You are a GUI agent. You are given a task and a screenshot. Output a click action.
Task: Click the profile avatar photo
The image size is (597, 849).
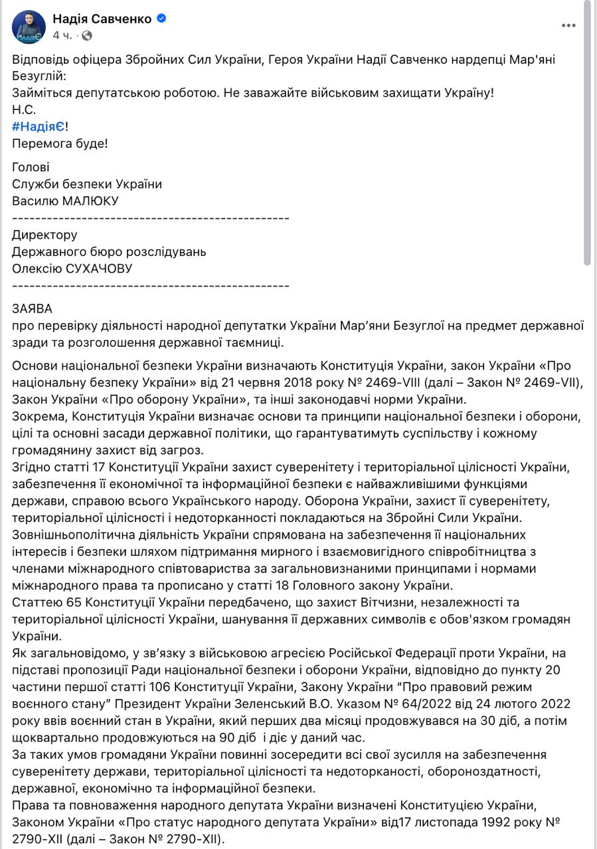[29, 27]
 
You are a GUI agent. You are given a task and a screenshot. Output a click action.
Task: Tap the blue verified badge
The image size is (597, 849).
[161, 19]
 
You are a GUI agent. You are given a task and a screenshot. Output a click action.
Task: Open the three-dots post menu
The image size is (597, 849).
[568, 26]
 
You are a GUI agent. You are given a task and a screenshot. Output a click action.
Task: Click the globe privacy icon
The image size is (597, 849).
[87, 35]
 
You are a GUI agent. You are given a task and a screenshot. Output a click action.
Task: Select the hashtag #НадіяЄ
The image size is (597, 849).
[38, 126]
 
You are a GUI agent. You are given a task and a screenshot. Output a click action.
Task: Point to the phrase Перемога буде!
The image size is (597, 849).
[60, 143]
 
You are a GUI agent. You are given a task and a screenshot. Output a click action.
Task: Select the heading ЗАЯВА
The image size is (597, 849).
[32, 308]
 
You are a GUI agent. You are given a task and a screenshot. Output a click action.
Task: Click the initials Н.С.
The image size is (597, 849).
[24, 109]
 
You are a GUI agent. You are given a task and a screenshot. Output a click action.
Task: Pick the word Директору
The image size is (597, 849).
[44, 235]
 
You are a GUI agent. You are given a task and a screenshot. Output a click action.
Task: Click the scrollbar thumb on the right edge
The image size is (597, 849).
[587, 133]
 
